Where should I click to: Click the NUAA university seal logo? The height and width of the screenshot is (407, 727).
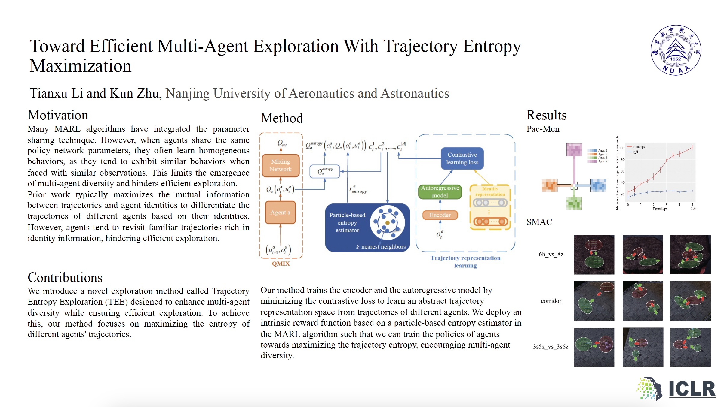point(676,50)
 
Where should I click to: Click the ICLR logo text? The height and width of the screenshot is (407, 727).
point(692,389)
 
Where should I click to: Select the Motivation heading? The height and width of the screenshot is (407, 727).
point(58,115)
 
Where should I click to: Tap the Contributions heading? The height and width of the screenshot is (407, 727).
point(65,278)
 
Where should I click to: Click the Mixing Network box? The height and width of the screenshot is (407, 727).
point(281,165)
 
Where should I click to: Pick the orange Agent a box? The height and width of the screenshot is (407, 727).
point(280,213)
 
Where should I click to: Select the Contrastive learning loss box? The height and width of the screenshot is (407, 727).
point(462,158)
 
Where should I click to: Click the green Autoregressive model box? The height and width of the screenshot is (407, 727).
point(440,192)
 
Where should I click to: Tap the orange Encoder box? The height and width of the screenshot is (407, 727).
point(440,215)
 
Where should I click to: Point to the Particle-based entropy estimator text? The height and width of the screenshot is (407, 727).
point(347,223)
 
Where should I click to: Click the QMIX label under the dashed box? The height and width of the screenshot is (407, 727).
point(281,264)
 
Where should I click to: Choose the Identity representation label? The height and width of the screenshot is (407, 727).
point(490,191)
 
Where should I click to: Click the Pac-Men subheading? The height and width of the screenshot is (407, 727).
point(543,129)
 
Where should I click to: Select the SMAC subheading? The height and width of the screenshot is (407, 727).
point(539,222)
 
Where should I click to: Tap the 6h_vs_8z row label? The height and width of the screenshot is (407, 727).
point(551,255)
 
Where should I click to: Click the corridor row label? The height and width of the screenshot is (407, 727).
point(551,301)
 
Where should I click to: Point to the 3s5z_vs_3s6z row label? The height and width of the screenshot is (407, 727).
point(551,347)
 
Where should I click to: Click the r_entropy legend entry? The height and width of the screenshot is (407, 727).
point(639,147)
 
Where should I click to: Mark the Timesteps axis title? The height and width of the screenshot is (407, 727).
point(660,209)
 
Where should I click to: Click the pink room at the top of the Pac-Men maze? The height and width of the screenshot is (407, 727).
point(574,149)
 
